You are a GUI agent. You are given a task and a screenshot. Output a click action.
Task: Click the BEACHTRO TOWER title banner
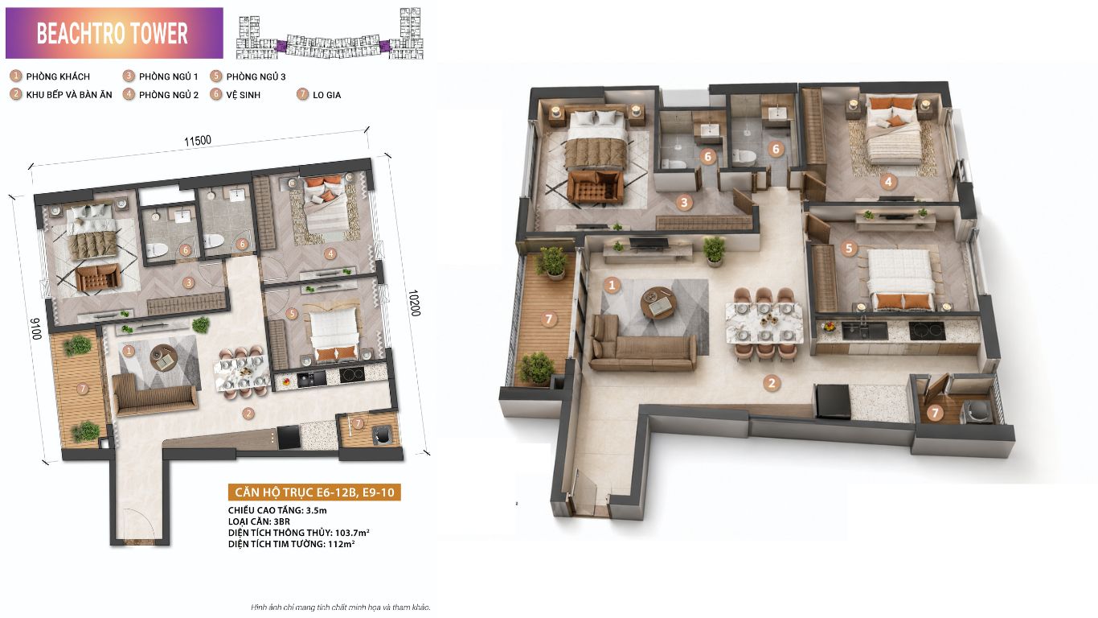click(114, 33)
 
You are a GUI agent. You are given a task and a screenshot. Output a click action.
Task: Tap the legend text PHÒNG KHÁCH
click(58, 76)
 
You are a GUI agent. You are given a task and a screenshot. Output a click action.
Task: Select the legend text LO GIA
click(326, 95)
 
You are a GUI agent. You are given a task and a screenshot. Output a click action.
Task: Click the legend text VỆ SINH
click(243, 95)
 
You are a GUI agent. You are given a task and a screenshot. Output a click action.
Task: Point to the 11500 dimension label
click(198, 141)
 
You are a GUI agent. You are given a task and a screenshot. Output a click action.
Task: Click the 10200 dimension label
click(414, 303)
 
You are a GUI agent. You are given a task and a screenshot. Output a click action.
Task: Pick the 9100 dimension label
click(36, 329)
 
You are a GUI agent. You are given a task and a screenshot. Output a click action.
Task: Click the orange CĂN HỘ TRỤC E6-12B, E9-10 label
click(314, 492)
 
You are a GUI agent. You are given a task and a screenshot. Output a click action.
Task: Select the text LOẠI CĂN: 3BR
click(259, 521)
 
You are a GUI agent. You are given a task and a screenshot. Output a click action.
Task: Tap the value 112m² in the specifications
click(341, 544)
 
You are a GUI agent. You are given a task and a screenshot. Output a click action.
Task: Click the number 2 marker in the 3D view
click(772, 383)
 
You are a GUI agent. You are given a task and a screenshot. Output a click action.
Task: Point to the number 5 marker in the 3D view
click(849, 249)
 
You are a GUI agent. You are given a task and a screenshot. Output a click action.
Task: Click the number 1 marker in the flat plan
click(129, 351)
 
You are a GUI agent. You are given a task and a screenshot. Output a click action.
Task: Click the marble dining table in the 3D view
click(764, 323)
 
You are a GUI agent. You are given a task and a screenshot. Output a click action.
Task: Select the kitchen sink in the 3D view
click(865, 330)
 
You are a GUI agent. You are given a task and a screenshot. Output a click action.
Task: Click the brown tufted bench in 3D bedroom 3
click(595, 187)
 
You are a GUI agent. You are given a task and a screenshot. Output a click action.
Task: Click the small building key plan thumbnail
click(330, 33)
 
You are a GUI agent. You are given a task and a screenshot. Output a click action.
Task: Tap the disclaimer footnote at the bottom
click(341, 608)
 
